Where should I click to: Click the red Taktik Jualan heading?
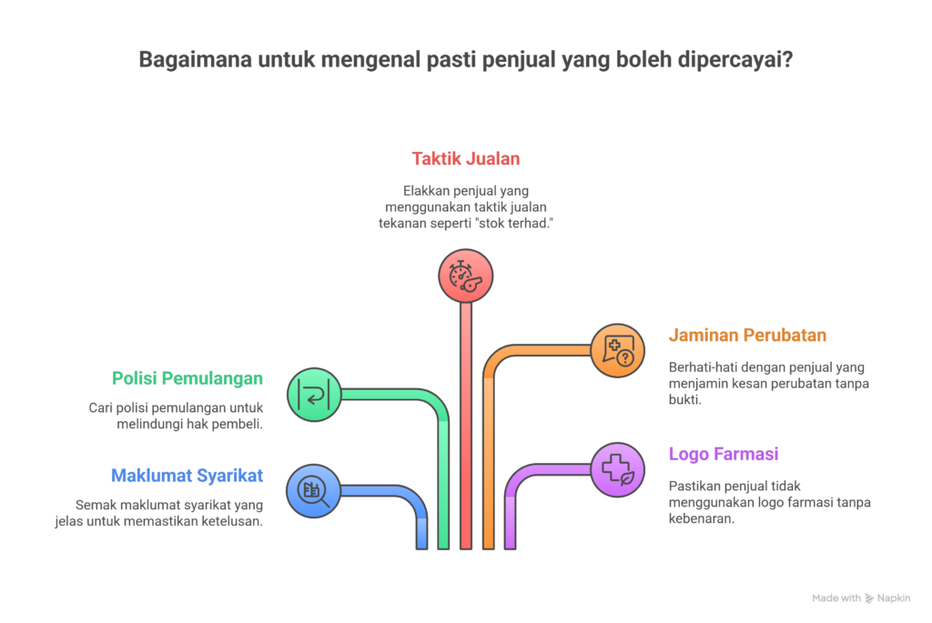coord(466,158)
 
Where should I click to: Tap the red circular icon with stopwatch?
coord(466,276)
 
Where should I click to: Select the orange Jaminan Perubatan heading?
coord(747,335)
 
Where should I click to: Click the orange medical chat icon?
coord(617,351)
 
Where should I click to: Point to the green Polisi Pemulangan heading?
coord(187,377)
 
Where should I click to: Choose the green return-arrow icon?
coord(314,395)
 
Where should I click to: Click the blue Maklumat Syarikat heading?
coord(187,475)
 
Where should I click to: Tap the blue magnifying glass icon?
coord(313,491)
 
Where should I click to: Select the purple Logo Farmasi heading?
coord(724,454)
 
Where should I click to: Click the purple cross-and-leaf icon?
coord(617,469)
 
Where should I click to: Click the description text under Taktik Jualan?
coord(466,206)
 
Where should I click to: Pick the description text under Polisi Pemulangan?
coord(176,415)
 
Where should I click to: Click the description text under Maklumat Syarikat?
coord(169,512)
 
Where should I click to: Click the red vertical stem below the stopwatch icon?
coord(466,427)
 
